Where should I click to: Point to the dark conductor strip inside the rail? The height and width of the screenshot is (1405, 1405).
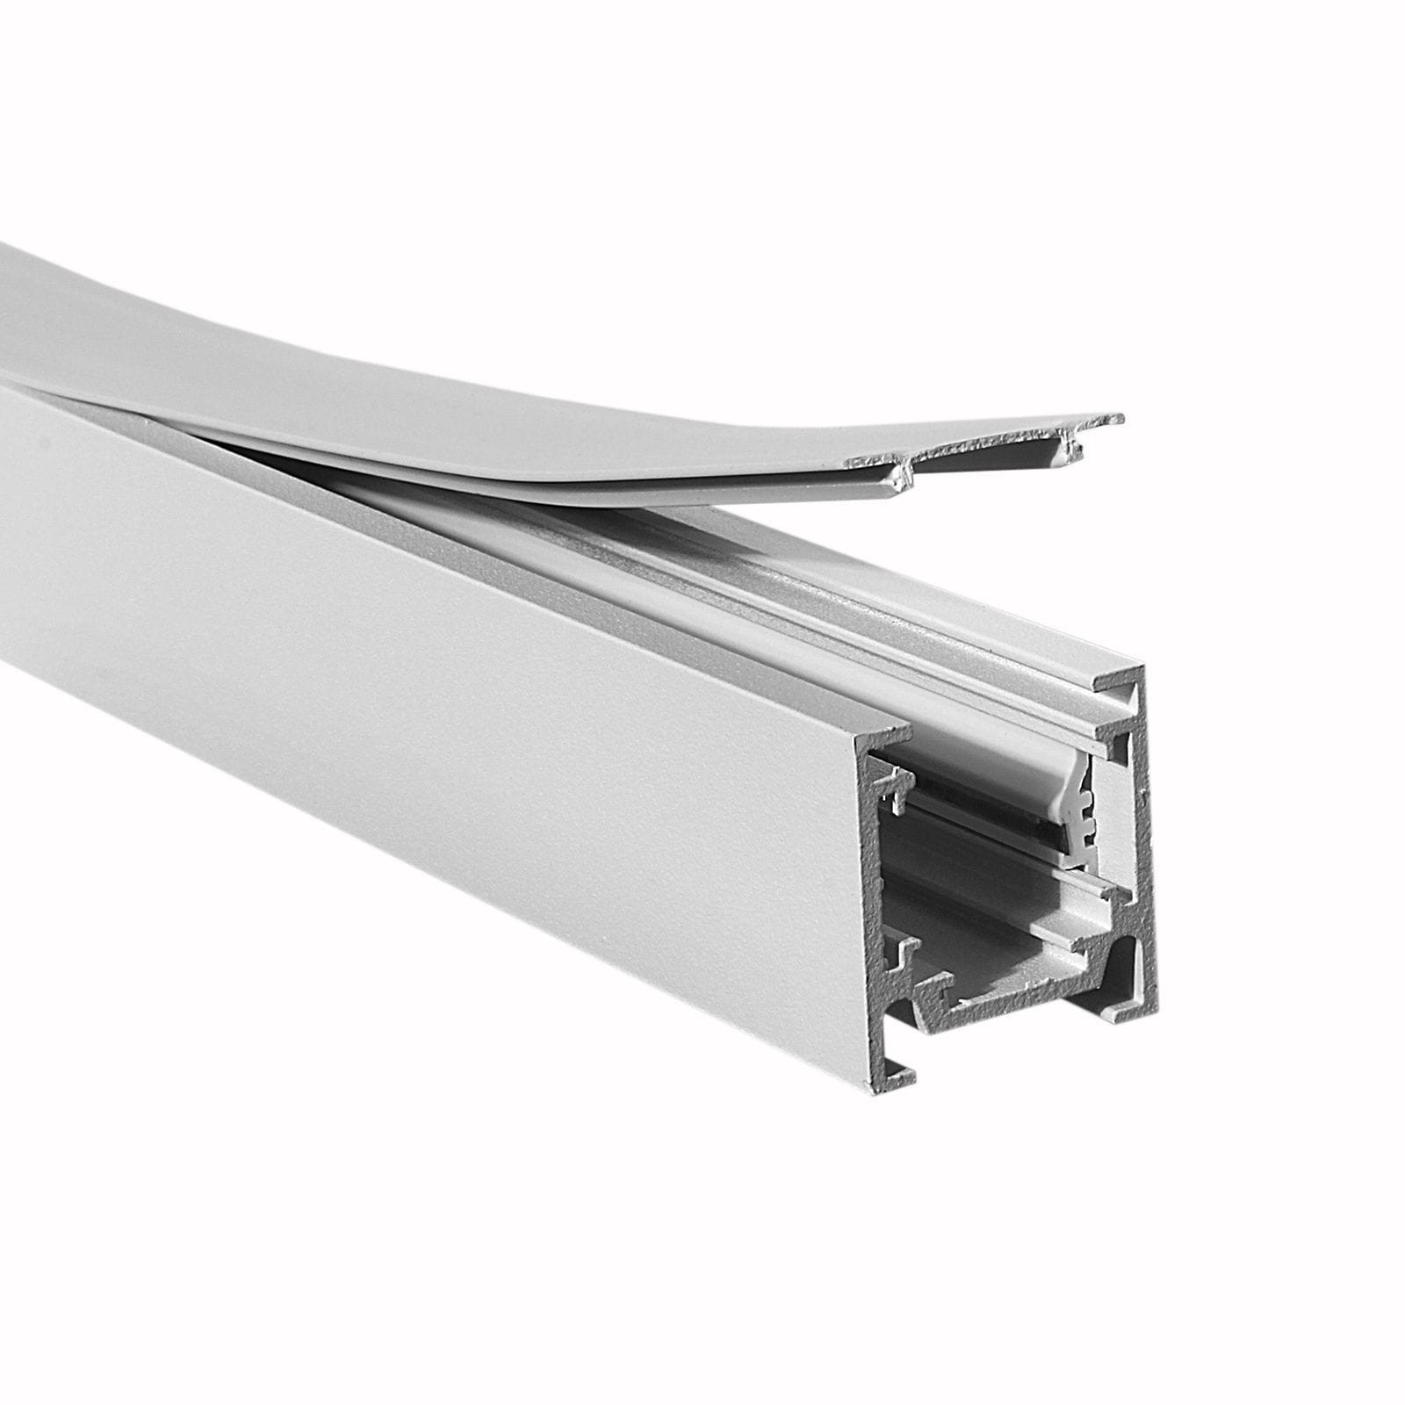click(983, 817)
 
